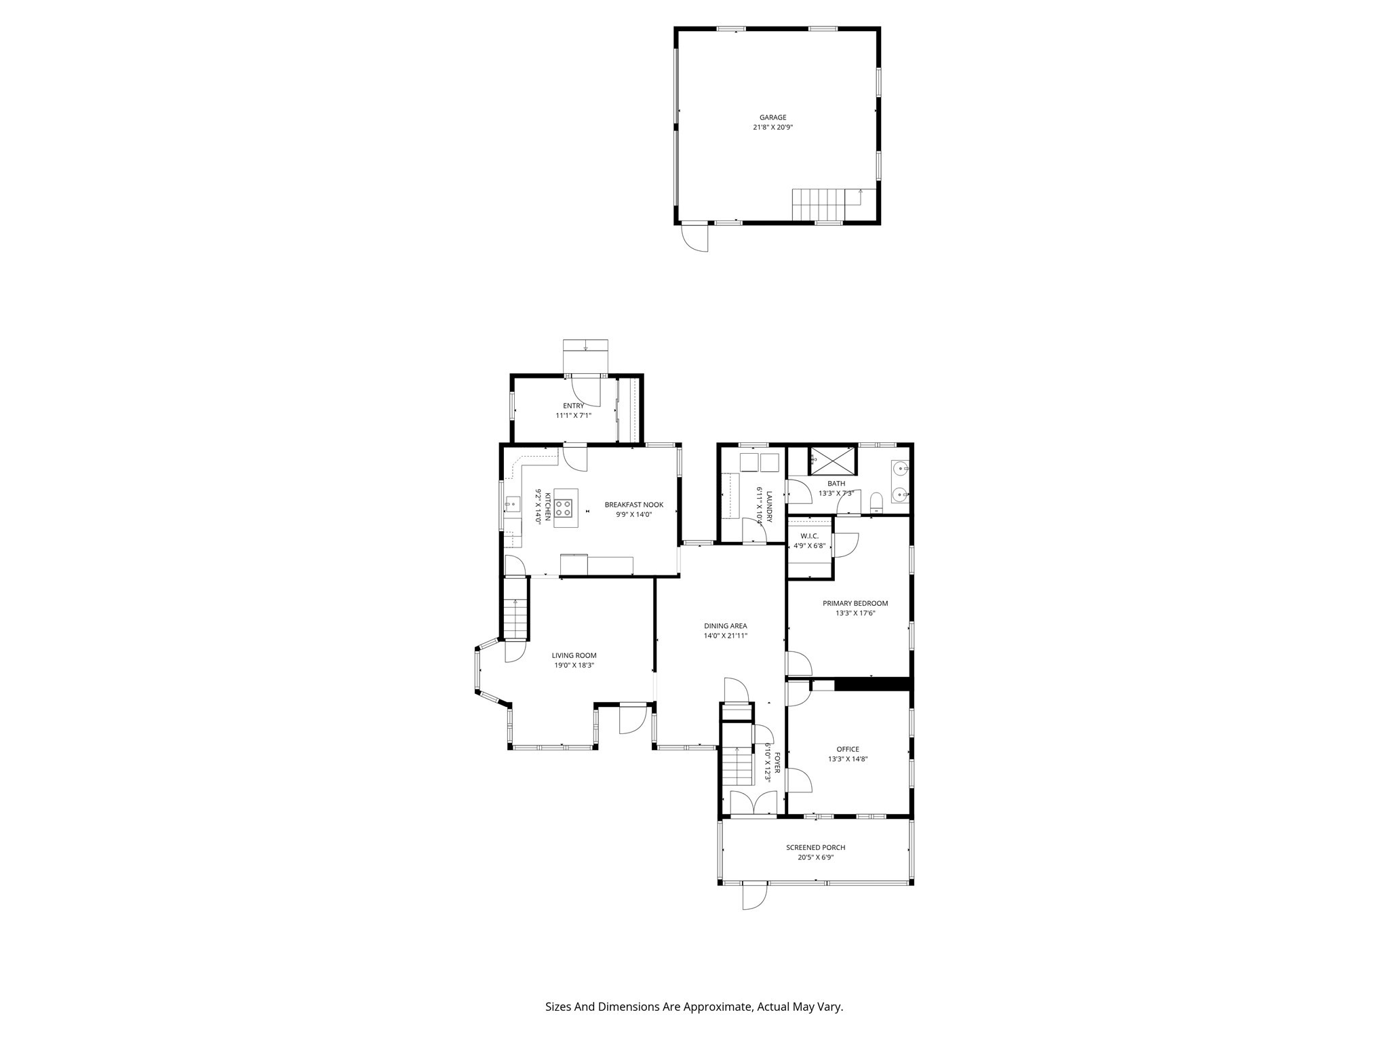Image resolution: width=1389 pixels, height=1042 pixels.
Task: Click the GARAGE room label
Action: tap(772, 117)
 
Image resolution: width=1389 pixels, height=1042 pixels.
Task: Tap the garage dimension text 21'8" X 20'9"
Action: tap(772, 128)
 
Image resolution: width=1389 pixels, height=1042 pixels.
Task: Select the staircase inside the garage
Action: tap(819, 205)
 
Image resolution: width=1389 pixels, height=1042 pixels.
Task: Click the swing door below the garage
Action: tap(695, 238)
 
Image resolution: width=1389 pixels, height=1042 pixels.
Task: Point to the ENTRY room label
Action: tap(573, 406)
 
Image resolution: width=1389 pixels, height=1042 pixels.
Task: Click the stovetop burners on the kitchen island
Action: tap(564, 507)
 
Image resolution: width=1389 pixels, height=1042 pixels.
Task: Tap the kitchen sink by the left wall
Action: tap(512, 503)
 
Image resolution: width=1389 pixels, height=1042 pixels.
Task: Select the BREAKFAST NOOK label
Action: tap(633, 505)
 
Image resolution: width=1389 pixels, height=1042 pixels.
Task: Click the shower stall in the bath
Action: tap(832, 461)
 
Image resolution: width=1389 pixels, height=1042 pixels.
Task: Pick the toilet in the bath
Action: tap(876, 501)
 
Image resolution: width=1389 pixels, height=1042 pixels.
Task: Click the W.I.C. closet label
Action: tap(809, 536)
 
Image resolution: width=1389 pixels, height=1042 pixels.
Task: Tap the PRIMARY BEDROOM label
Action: tap(855, 603)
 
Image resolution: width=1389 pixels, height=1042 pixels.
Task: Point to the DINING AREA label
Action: tap(725, 626)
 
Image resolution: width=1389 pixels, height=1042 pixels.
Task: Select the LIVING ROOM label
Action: tap(574, 655)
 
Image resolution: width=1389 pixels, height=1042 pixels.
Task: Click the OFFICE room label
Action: tap(847, 749)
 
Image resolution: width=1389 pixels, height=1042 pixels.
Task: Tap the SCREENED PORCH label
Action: tap(815, 847)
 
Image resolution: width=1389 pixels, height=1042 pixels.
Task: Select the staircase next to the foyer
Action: tap(737, 766)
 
